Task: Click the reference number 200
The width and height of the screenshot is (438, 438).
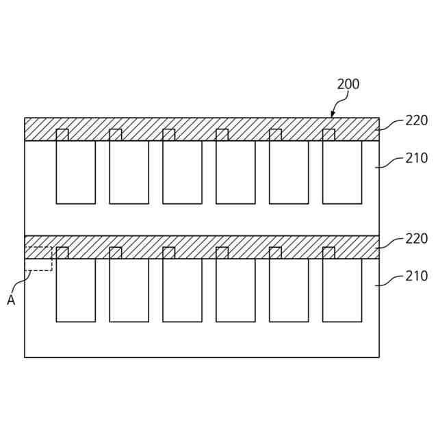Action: [x=348, y=85]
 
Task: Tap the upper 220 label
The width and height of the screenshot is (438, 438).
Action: [x=416, y=120]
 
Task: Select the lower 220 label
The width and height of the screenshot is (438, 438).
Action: [x=416, y=239]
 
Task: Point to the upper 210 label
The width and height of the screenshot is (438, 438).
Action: [x=416, y=158]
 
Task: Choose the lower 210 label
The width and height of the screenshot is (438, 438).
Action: [x=416, y=276]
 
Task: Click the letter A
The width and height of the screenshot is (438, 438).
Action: [x=11, y=300]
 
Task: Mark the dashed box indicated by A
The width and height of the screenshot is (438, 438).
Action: [x=38, y=259]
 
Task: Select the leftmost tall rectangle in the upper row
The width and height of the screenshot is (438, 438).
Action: [x=75, y=172]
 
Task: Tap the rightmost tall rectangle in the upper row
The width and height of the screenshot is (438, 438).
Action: [x=342, y=172]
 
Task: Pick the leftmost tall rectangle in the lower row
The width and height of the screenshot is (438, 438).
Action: [x=75, y=290]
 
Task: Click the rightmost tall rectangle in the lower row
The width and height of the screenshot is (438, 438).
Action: [x=342, y=290]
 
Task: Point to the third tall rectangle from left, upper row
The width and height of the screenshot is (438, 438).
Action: [x=182, y=172]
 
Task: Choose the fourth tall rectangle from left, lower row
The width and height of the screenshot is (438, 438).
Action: [x=235, y=290]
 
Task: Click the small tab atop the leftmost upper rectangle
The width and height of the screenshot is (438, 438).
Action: [x=62, y=135]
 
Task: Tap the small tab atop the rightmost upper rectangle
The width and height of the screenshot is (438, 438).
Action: [x=328, y=135]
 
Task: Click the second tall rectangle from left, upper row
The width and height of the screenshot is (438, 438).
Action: [x=129, y=172]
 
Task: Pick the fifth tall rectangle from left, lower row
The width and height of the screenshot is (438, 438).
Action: [x=289, y=290]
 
